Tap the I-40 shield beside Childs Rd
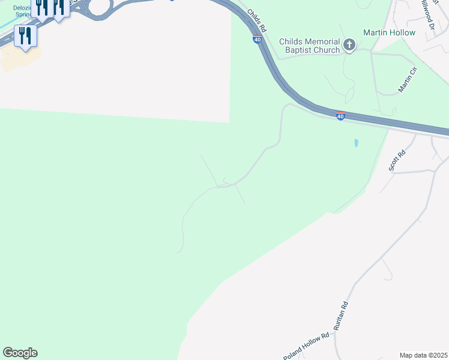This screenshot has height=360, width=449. (x=257, y=40)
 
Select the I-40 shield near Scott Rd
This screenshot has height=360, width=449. (x=340, y=116)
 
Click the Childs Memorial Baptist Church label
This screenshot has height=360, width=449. (x=310, y=46)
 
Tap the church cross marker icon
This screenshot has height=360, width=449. (x=349, y=44)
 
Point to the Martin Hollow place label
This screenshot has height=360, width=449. (x=389, y=32)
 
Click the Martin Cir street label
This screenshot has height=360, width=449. (x=407, y=80)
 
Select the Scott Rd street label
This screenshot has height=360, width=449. (x=397, y=161)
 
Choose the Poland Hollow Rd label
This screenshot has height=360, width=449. (x=306, y=346)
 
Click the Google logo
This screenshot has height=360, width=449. (x=20, y=352)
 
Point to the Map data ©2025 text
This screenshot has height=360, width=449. (x=423, y=355)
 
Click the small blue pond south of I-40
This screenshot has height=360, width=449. (x=356, y=143)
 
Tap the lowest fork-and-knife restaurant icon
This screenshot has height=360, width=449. (x=25, y=35)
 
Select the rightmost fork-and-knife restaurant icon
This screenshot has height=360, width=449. (x=58, y=8)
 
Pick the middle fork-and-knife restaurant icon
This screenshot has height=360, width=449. (x=42, y=8)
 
